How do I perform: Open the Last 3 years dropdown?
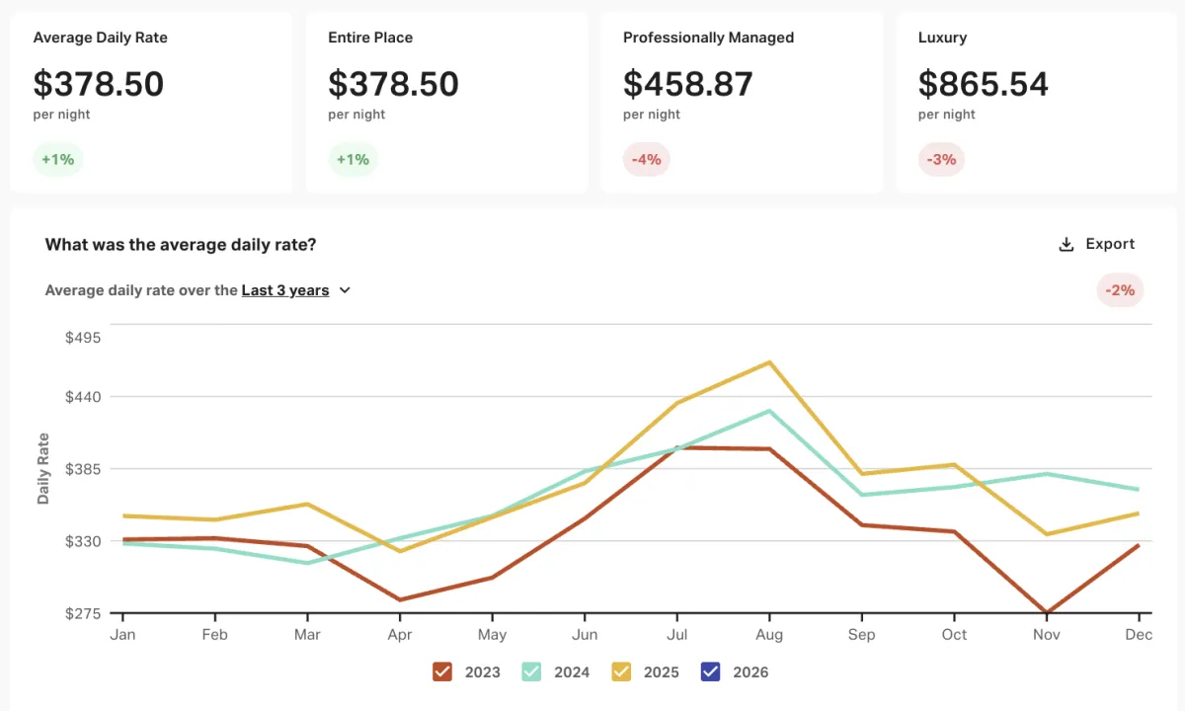click(x=296, y=290)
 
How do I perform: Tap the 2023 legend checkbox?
click(x=442, y=671)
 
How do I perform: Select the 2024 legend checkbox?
click(x=531, y=671)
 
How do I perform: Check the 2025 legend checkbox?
click(x=621, y=671)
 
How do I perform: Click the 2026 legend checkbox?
click(x=710, y=671)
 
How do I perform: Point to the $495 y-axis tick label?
click(x=83, y=337)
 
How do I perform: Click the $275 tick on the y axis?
click(x=83, y=613)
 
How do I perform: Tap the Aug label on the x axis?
click(x=769, y=634)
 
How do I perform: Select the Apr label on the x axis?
click(x=399, y=634)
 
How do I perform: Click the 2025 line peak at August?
click(x=769, y=362)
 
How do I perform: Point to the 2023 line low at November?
click(x=1046, y=612)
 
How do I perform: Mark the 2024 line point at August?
click(x=769, y=411)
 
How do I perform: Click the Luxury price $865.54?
click(x=983, y=84)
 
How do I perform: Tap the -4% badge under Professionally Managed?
click(x=646, y=159)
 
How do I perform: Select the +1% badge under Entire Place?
click(x=353, y=159)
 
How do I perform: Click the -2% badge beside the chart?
click(x=1120, y=290)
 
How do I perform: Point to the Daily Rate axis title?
click(x=43, y=469)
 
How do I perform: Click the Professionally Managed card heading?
click(x=708, y=38)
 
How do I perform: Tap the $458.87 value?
click(x=687, y=84)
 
